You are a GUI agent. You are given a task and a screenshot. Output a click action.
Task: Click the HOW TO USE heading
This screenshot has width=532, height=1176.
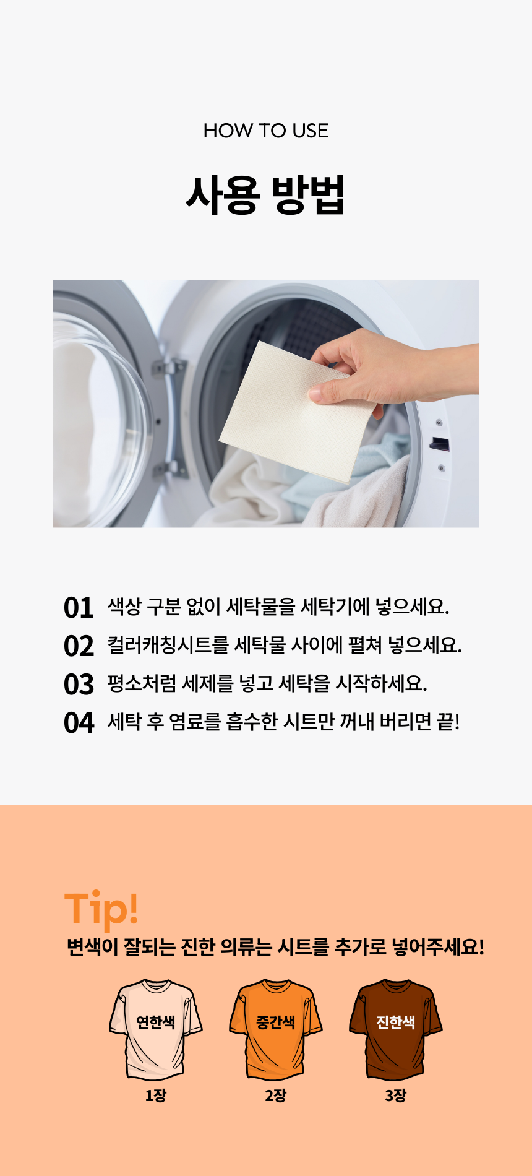coord(266,131)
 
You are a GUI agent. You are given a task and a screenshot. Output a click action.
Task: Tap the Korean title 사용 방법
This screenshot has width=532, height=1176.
coord(265,195)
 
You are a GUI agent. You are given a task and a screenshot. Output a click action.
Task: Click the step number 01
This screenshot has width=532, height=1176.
coord(79,608)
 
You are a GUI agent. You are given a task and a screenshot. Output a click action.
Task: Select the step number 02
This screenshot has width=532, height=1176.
coord(79,646)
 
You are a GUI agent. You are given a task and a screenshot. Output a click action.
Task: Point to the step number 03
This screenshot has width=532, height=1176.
coord(79,685)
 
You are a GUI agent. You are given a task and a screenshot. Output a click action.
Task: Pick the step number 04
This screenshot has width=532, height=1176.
coord(79,723)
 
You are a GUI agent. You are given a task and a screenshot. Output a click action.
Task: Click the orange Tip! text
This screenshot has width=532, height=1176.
coord(101,909)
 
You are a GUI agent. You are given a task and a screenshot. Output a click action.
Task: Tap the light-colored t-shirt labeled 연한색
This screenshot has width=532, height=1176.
coord(156,1029)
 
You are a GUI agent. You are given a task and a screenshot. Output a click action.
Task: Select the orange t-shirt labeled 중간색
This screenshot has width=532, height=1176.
coord(276,1029)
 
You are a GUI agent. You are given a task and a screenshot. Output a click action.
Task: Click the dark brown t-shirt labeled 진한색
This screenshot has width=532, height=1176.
coord(396,1029)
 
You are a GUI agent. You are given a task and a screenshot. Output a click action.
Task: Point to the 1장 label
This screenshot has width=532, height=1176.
coord(156,1096)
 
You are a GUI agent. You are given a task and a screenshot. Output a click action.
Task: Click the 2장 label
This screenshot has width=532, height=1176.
coord(276,1096)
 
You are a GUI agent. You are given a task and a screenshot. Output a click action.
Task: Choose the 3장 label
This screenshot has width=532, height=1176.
coord(396,1096)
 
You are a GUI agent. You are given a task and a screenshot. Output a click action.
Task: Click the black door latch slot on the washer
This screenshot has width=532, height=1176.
coord(439,443)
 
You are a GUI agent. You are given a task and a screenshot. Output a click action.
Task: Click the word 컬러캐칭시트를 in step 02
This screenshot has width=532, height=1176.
coord(168,645)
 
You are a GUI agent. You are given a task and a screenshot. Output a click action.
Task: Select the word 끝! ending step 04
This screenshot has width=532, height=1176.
coord(448,722)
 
